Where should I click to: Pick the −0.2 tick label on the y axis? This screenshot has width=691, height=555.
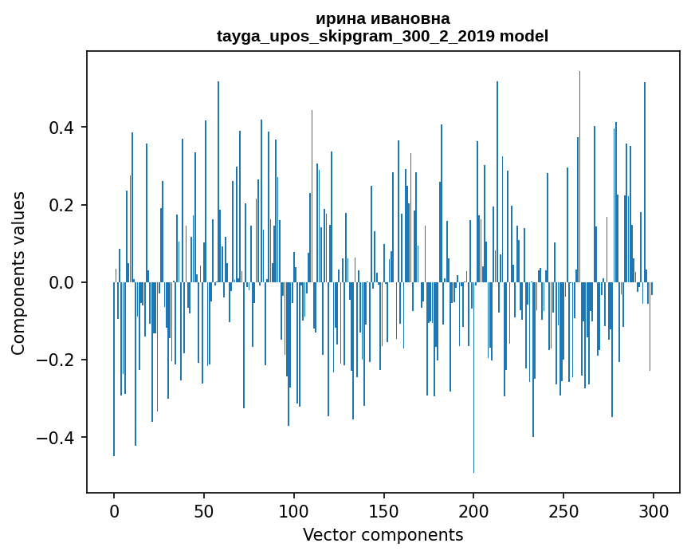pos(56,360)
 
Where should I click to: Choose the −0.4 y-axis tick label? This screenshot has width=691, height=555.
pos(56,437)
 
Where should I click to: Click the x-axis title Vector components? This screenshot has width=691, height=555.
pos(383,534)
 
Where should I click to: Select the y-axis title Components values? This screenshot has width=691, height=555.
pos(18,273)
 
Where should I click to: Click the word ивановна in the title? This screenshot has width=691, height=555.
pos(406,18)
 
